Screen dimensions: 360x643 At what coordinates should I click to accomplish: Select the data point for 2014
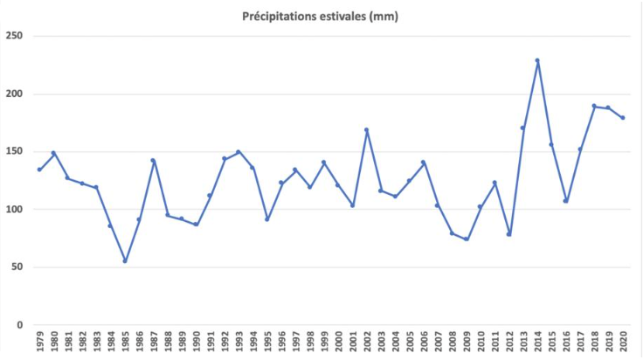click(537, 60)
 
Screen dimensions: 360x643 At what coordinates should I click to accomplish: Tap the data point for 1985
click(125, 260)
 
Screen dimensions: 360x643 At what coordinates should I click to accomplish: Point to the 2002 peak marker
click(366, 129)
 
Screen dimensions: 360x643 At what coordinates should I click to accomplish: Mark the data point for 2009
click(467, 239)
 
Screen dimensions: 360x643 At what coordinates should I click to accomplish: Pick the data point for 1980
click(53, 153)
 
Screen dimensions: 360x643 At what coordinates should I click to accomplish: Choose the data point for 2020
click(622, 118)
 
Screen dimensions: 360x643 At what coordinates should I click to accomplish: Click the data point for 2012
click(508, 234)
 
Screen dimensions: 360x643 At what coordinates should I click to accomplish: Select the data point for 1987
click(153, 160)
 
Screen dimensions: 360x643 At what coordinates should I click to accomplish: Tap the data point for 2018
click(594, 106)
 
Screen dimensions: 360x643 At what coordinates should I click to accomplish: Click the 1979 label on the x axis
click(39, 342)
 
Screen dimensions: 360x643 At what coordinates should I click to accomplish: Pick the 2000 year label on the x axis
click(338, 342)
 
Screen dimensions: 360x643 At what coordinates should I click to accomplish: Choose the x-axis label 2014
click(537, 342)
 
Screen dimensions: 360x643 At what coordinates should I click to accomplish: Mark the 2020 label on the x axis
click(622, 342)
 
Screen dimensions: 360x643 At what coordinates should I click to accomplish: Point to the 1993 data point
click(239, 152)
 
